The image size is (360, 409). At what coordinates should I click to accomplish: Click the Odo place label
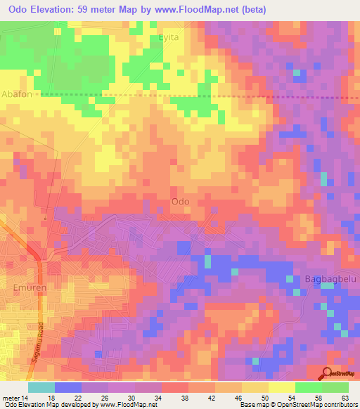click(x=181, y=202)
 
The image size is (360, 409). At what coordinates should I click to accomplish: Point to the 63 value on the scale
click(x=345, y=397)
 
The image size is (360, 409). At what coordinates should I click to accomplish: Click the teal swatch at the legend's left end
click(x=41, y=387)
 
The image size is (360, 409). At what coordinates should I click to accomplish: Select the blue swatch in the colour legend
click(x=68, y=387)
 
